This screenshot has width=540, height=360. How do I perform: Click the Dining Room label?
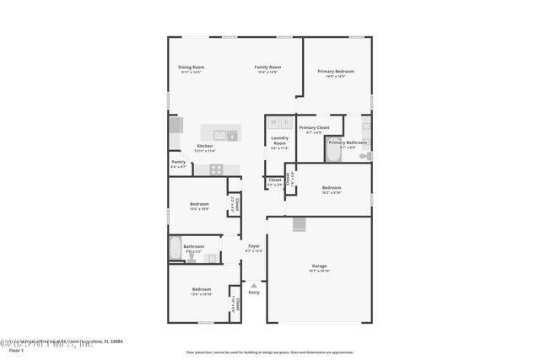point(191,67)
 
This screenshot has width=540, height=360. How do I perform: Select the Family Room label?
point(268,67)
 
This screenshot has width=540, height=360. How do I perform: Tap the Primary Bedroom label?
point(336,71)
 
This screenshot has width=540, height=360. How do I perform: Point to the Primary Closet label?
point(314,127)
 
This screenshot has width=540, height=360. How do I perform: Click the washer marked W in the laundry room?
point(274,122)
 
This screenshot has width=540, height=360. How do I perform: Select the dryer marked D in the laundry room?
point(287,122)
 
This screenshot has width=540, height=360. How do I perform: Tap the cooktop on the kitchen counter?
point(216,169)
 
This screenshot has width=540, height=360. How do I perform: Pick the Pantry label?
point(178,162)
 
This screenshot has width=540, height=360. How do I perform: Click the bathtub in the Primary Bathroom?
point(333,148)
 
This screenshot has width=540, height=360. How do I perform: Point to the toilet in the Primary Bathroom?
point(364,155)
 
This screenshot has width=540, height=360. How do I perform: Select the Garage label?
point(319,266)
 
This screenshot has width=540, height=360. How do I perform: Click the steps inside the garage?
point(299,223)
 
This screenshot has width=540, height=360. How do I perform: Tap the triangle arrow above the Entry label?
point(254,286)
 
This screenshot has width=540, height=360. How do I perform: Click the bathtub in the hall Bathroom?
point(175,249)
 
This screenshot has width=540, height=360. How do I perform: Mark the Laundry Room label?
point(279,140)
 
